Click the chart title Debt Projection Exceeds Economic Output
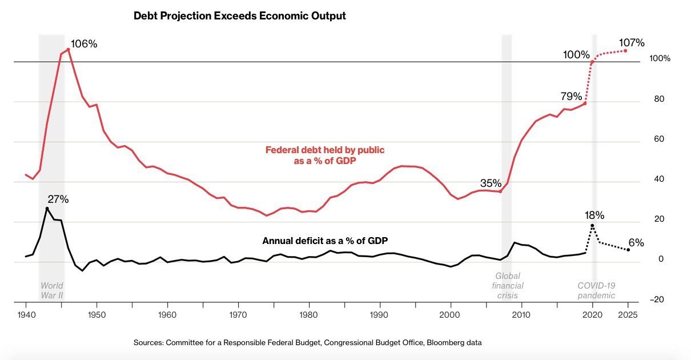[239, 16]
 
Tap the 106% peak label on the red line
[85, 44]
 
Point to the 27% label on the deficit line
[58, 199]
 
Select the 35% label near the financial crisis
[491, 183]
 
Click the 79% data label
[571, 95]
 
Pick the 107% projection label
[632, 43]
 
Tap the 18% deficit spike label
[594, 215]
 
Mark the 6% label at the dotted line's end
[636, 242]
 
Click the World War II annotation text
[51, 290]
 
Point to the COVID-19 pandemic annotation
[596, 290]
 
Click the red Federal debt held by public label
[325, 155]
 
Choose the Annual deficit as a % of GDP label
[329, 241]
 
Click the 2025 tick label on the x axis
[628, 314]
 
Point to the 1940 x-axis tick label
[26, 314]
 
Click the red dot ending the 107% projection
[625, 51]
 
